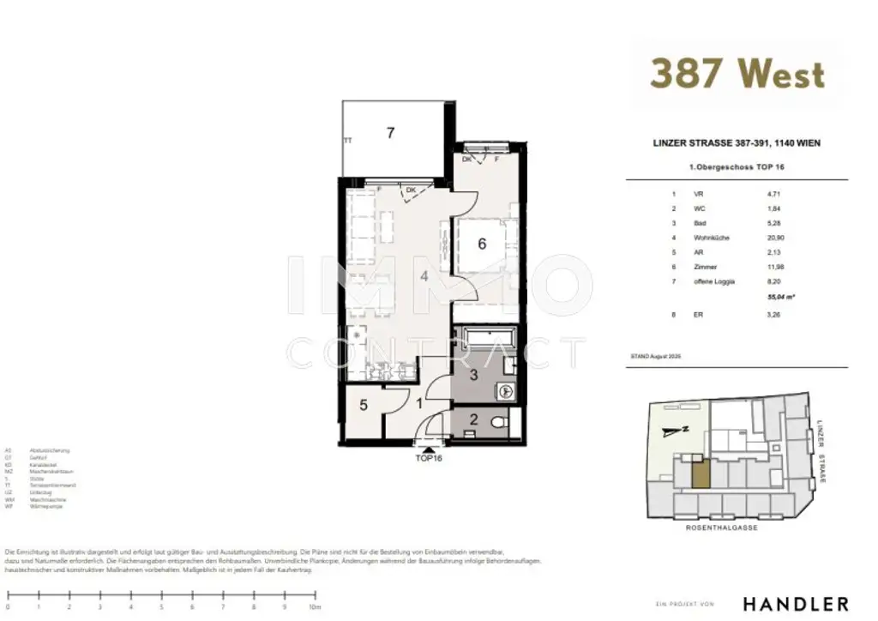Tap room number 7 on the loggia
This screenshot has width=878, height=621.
tap(390, 133)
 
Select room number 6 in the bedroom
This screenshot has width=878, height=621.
tap(482, 244)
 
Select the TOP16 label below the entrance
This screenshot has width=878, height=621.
tap(427, 457)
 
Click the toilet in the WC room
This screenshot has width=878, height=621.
tap(500, 421)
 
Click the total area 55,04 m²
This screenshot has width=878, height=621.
tap(778, 296)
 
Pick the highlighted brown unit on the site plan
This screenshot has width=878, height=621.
tap(700, 474)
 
